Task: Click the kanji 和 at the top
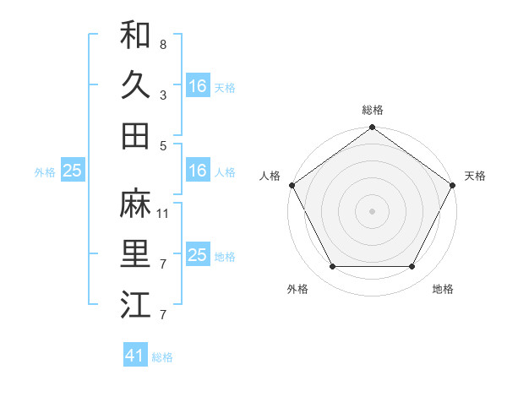(x=135, y=35)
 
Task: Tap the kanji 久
(x=135, y=85)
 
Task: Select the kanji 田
(x=135, y=136)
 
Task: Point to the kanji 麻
(x=135, y=204)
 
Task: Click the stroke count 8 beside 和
(x=162, y=43)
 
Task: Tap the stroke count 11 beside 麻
(x=163, y=214)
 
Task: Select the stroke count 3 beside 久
(x=162, y=95)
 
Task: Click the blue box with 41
(x=135, y=356)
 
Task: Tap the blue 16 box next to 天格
(x=197, y=85)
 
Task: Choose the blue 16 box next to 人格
(x=197, y=171)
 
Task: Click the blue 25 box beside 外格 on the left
(x=72, y=171)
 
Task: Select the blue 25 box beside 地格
(x=197, y=255)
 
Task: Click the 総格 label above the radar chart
(x=372, y=110)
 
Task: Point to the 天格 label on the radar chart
(x=475, y=176)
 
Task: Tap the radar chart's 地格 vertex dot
(x=412, y=267)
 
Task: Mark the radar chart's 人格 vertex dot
(x=292, y=185)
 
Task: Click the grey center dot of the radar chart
(x=372, y=210)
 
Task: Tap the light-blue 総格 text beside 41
(x=162, y=357)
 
